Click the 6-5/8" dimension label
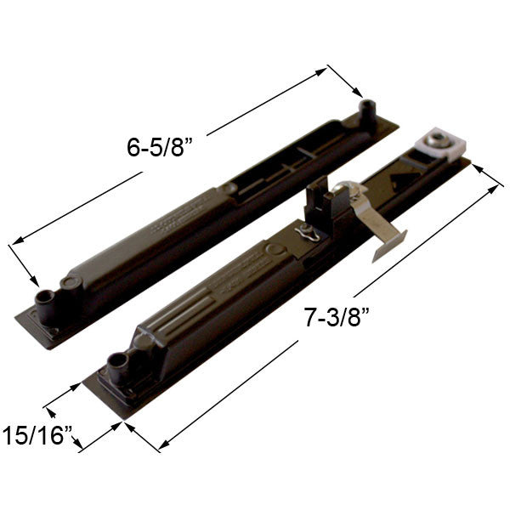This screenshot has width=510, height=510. [x=161, y=146]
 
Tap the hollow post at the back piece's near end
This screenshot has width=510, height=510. [x=44, y=297]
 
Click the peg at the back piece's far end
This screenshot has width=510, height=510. [x=368, y=110]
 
